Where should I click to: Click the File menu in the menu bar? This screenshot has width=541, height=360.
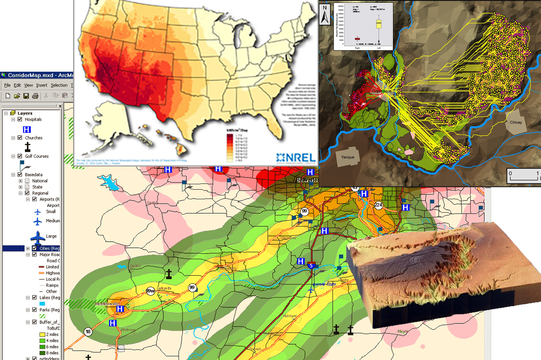pos(7,85)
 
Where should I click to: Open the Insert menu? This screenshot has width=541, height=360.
pos(41,85)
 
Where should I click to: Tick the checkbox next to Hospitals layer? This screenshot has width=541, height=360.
pos(20,119)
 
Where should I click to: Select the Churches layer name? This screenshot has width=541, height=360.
pos(34,138)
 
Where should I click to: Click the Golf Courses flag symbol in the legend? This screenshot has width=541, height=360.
pos(23,166)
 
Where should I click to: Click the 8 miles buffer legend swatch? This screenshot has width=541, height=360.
pos(42,353)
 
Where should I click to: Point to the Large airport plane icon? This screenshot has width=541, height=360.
pos(38,237)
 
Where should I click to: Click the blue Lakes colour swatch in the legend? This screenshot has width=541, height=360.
pos(42,304)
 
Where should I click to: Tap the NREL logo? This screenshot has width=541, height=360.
pos(296,157)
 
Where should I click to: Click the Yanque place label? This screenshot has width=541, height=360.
pos(348,156)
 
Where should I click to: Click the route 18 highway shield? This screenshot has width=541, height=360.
pos(88,332)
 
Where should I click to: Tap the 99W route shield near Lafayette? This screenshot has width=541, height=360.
pos(150,291)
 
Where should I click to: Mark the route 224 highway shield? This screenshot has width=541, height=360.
pos(378,205)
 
